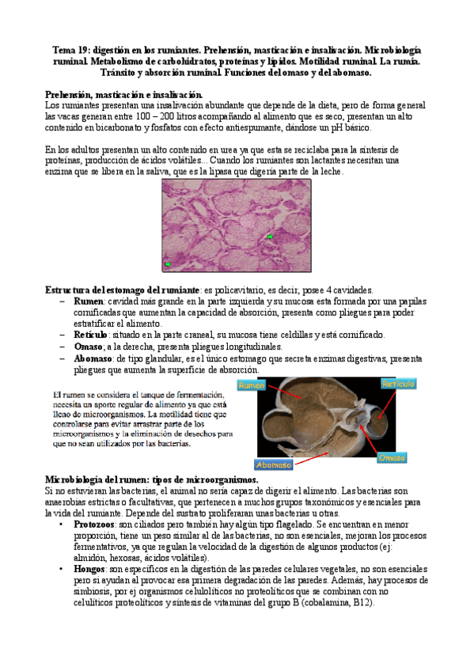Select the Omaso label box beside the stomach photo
click(x=393, y=458)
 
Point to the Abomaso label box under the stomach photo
click(x=274, y=464)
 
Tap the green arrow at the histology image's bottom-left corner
click(x=167, y=263)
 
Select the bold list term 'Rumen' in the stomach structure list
click(x=88, y=301)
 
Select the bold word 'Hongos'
click(x=89, y=569)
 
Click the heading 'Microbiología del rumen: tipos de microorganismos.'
click(x=152, y=480)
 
